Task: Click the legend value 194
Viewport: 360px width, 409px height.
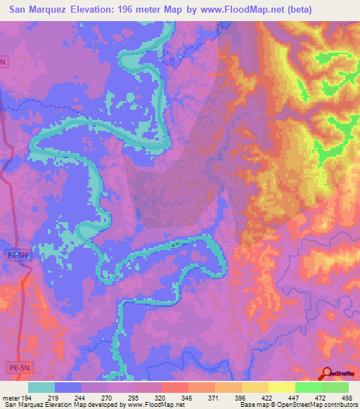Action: point(28,397)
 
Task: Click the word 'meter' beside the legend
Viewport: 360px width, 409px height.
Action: point(10,397)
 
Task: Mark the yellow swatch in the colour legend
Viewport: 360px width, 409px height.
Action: point(281,387)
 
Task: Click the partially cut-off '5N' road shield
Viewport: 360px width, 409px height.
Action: point(5,62)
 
